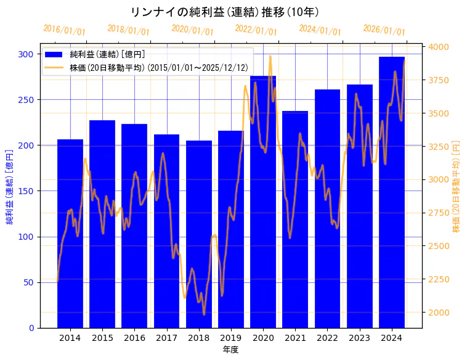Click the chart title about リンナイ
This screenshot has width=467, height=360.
(225, 12)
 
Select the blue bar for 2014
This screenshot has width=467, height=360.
(70, 234)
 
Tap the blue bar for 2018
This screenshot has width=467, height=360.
(198, 234)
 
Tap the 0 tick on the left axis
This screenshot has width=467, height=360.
(31, 328)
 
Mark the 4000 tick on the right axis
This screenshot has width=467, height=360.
(439, 47)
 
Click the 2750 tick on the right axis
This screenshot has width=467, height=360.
(439, 213)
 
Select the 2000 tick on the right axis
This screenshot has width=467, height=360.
(439, 313)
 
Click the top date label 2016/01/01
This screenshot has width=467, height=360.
(64, 30)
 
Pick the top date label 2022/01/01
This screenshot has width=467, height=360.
(256, 30)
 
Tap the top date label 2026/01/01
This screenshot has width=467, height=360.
(384, 30)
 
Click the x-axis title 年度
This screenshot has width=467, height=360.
(230, 350)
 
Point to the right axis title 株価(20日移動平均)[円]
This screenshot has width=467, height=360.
(457, 186)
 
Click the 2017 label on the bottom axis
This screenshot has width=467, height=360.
(166, 338)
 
